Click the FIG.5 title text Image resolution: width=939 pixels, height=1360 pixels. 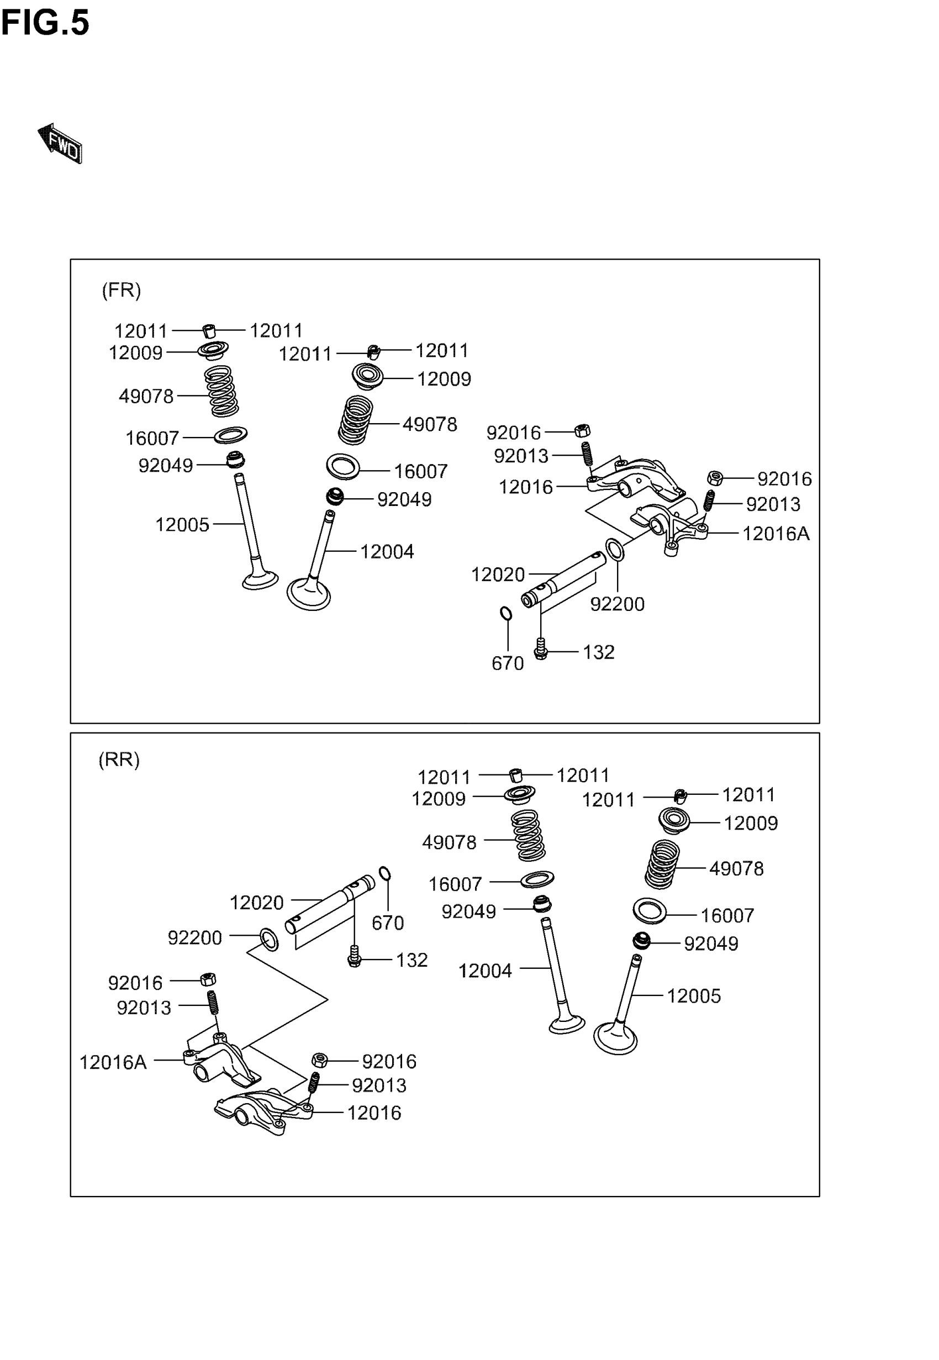[x=45, y=24]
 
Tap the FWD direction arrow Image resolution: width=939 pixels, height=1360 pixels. [x=61, y=143]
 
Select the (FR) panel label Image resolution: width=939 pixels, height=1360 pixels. [x=121, y=290]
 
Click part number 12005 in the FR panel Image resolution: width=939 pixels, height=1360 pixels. [x=182, y=525]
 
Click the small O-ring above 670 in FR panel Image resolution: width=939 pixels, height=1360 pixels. [x=505, y=614]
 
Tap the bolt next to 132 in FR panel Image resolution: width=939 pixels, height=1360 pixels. [x=541, y=650]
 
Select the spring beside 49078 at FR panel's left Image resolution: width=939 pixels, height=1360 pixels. [x=222, y=391]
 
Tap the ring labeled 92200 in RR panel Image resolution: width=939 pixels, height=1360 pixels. [x=270, y=940]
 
